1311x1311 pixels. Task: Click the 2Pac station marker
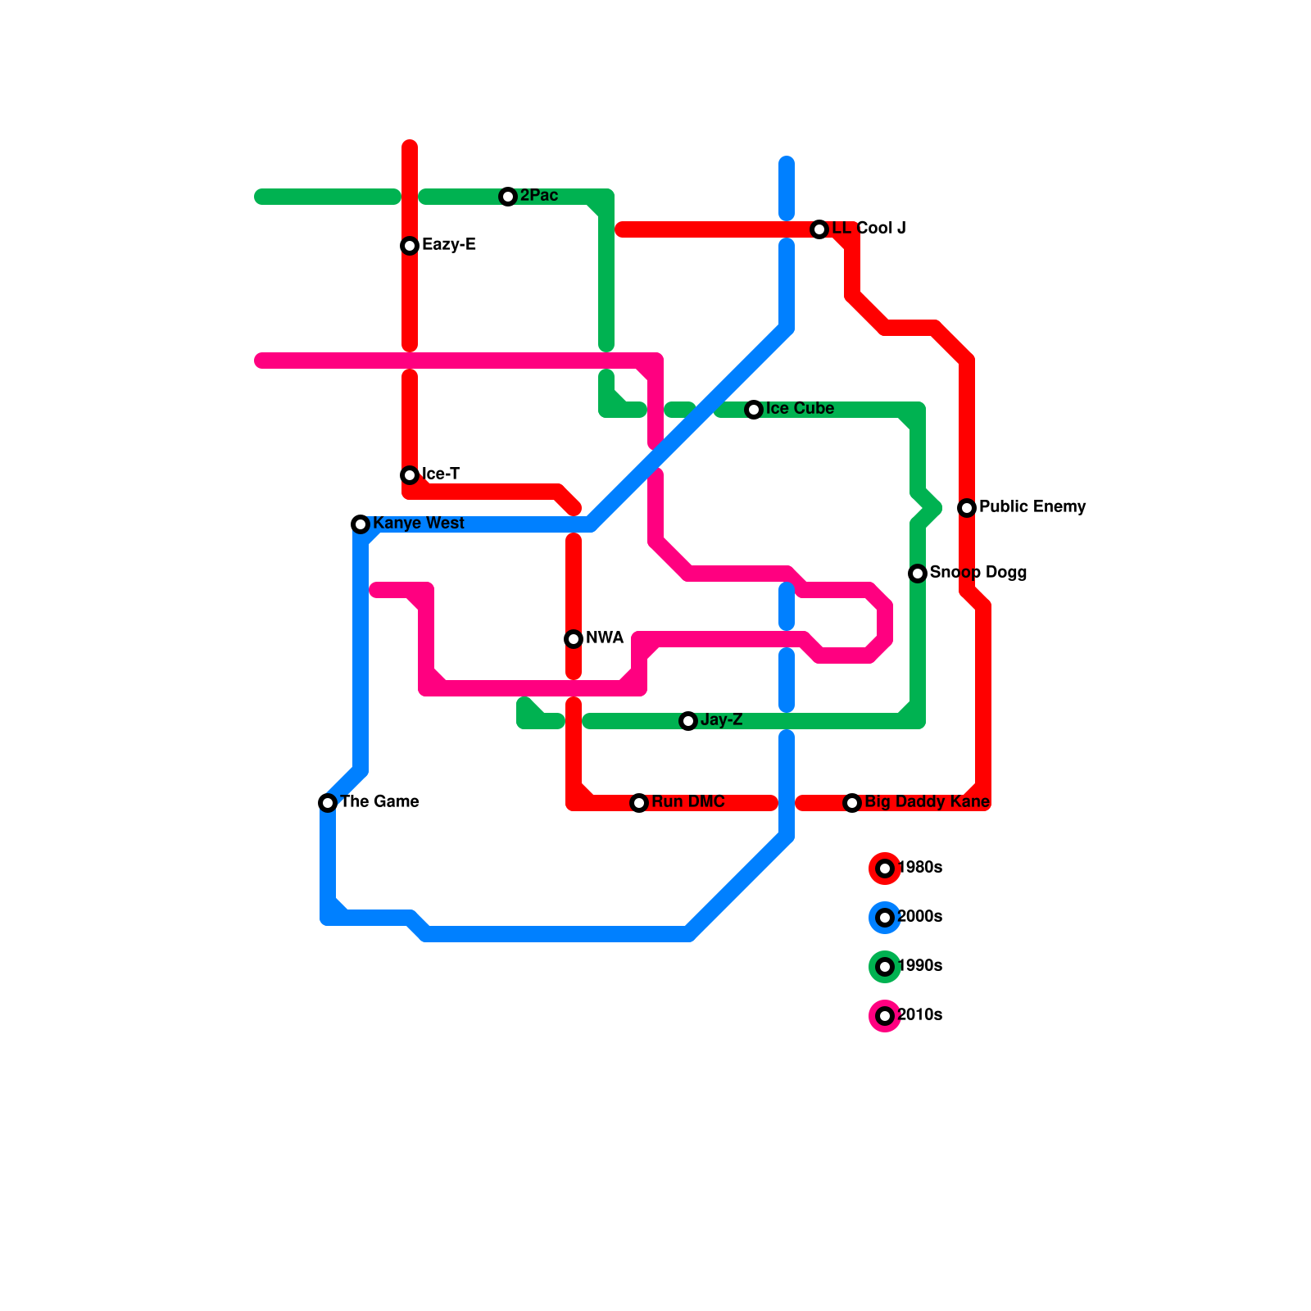point(508,197)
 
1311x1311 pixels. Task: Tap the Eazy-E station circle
point(410,246)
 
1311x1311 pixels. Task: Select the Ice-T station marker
point(410,475)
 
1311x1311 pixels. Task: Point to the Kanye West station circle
point(361,524)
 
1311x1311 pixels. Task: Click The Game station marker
point(328,803)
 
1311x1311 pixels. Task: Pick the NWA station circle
point(574,639)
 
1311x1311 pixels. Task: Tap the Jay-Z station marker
point(688,721)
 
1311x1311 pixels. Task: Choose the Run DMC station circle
point(639,803)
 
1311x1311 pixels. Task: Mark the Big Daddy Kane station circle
point(852,803)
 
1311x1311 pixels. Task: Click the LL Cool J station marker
point(819,229)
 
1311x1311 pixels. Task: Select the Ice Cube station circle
point(754,410)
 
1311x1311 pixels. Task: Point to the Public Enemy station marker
point(967,508)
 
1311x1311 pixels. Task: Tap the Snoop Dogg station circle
point(918,574)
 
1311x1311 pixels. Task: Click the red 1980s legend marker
point(885,869)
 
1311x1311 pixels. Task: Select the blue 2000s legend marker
point(885,918)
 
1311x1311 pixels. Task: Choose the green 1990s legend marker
point(885,967)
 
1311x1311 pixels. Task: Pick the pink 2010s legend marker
point(885,1016)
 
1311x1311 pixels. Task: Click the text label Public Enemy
point(1032,507)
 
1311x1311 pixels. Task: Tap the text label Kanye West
point(419,524)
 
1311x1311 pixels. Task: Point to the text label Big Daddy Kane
point(928,802)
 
